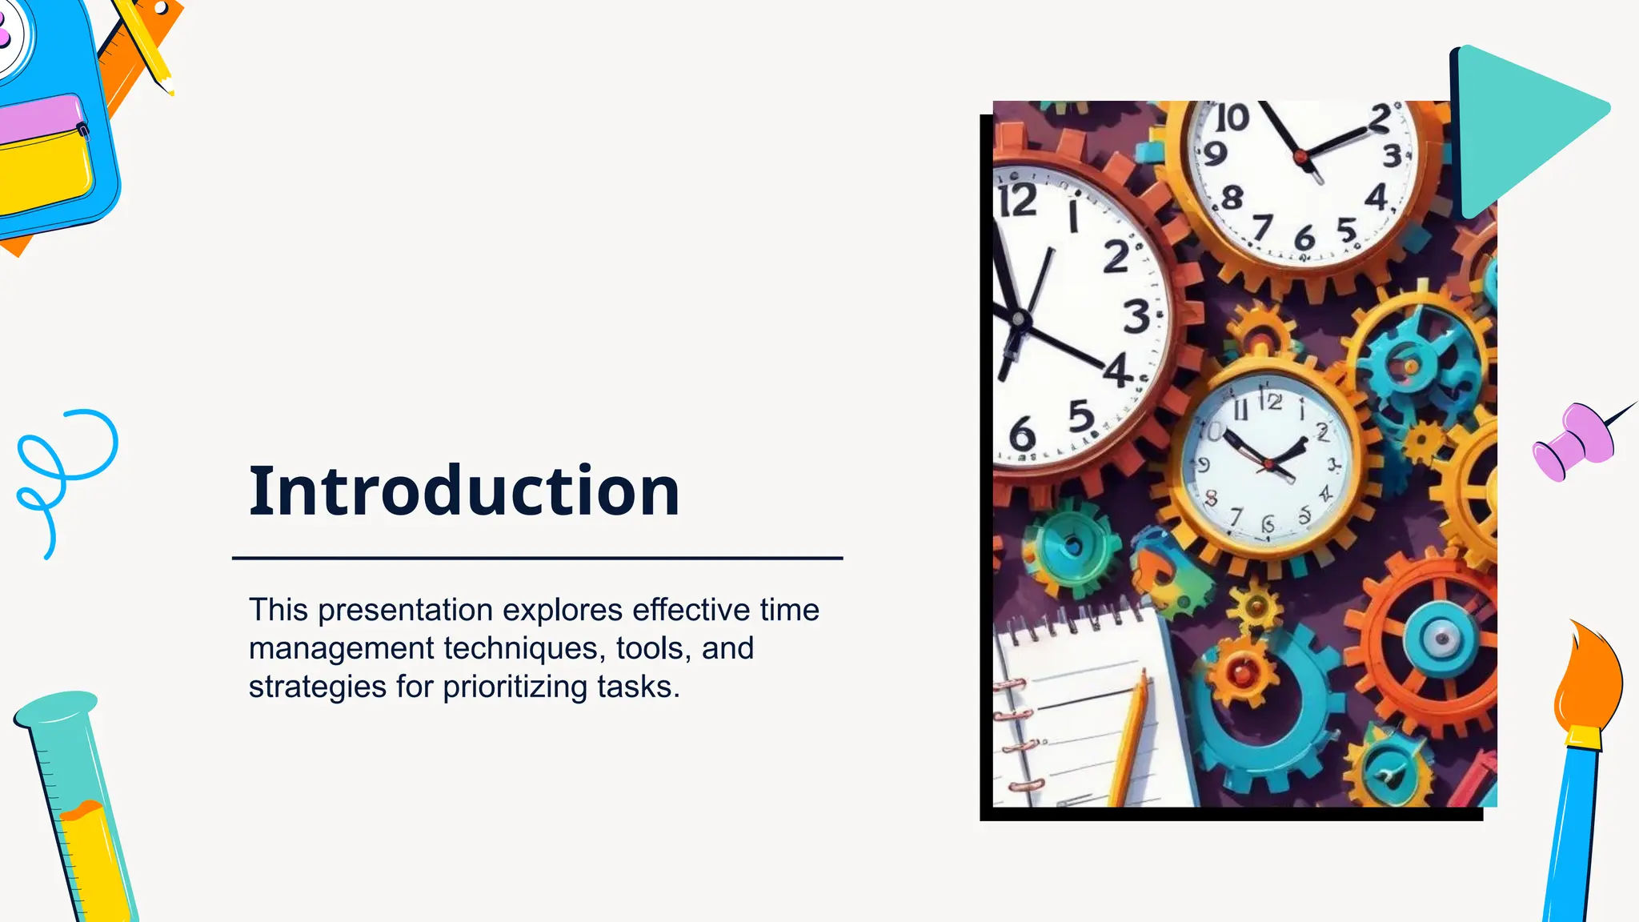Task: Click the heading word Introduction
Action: pyautogui.click(x=464, y=491)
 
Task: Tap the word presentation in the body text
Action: pyautogui.click(x=405, y=610)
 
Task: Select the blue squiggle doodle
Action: pyautogui.click(x=60, y=472)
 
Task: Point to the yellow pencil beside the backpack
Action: pyautogui.click(x=148, y=44)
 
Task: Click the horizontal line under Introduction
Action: pyautogui.click(x=537, y=558)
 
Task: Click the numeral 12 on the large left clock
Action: pyautogui.click(x=1018, y=200)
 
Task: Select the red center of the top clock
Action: pyautogui.click(x=1300, y=156)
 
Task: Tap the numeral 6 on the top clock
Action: pyautogui.click(x=1304, y=238)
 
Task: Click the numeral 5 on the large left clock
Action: pyautogui.click(x=1081, y=416)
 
